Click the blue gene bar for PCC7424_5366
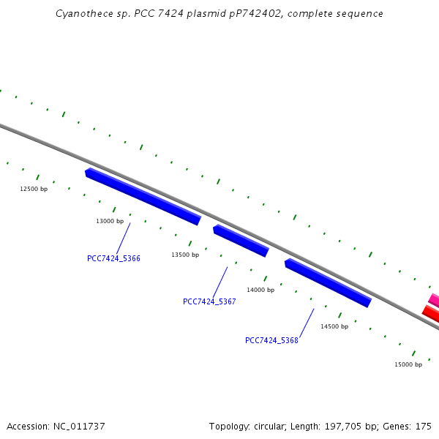143,196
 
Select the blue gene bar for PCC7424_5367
241,241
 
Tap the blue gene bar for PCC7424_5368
328,282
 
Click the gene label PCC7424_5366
113,258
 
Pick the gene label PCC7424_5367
209,301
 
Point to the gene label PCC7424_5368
271,340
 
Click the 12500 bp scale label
34,189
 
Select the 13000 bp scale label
110,221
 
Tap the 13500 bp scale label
185,255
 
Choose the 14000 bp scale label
260,290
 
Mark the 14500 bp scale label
334,326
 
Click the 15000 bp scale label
408,364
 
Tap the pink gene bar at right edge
434,300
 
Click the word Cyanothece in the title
81,14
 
